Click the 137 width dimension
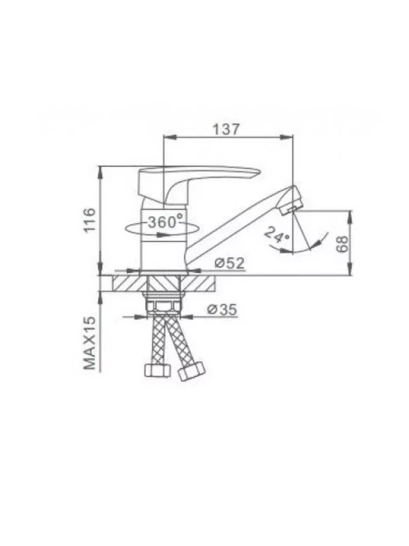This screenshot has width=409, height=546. (x=226, y=129)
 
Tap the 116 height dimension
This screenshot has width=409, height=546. (x=90, y=220)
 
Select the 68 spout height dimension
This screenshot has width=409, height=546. (x=342, y=243)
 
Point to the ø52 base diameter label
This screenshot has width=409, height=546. (x=230, y=263)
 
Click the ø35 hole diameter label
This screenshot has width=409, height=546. (x=222, y=309)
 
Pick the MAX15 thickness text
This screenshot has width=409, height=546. (x=90, y=342)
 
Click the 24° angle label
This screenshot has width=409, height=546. (x=277, y=234)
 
